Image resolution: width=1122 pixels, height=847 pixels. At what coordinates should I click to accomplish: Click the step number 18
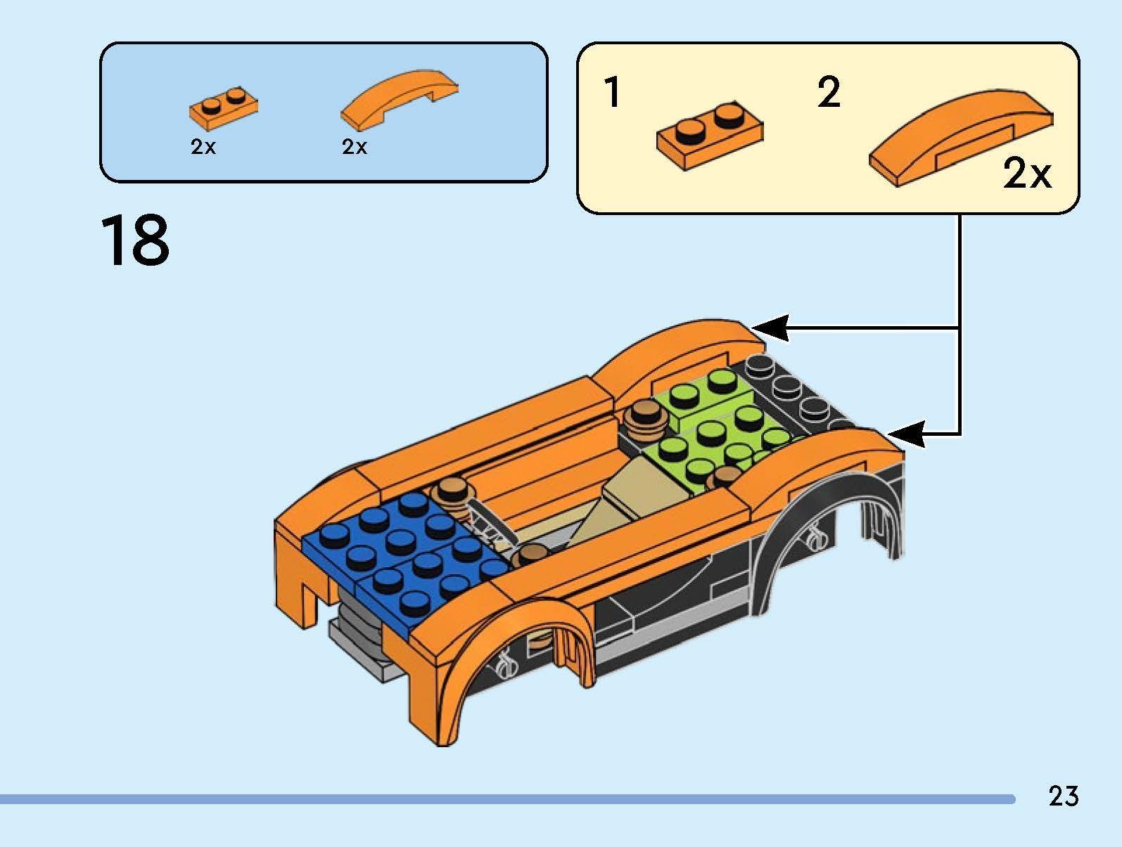click(x=135, y=240)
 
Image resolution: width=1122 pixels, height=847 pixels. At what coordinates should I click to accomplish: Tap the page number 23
click(x=1063, y=796)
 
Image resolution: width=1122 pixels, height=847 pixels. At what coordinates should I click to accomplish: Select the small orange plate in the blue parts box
click(x=223, y=109)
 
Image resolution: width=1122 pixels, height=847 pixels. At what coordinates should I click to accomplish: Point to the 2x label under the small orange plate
click(x=203, y=147)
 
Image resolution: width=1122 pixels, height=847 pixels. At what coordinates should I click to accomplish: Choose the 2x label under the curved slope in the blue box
click(x=355, y=147)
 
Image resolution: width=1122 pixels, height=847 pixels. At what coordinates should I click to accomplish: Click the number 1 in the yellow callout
click(x=613, y=93)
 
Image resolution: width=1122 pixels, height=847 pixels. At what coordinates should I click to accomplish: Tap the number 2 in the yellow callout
click(x=829, y=93)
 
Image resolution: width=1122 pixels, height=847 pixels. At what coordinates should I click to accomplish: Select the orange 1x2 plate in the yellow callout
click(x=709, y=136)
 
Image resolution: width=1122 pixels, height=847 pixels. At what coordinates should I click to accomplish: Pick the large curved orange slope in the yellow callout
click(x=961, y=137)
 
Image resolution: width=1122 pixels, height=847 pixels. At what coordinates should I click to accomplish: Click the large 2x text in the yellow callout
click(x=1027, y=174)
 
